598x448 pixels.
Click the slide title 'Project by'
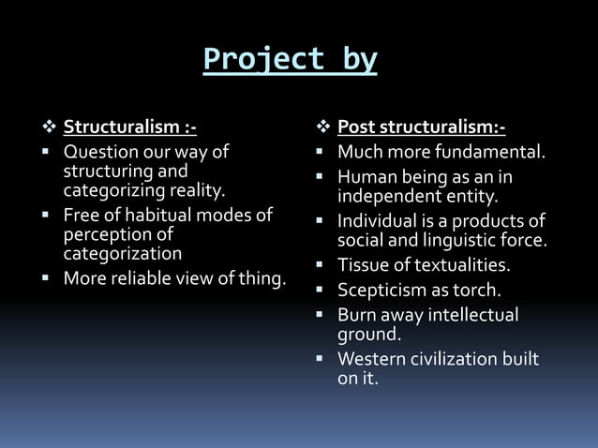pos(291,59)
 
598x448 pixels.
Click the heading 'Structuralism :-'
pos(129,127)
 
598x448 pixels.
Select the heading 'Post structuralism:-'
pos(421,127)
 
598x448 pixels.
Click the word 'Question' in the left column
pos(98,151)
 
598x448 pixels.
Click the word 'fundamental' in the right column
pos(497,151)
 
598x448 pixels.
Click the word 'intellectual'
pos(473,314)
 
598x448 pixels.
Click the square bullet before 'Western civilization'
pos(321,359)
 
